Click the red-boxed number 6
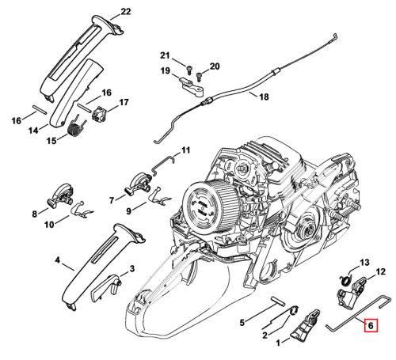point(371,325)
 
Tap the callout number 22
point(126,12)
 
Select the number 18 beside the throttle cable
point(264,97)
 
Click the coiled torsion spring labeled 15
point(78,127)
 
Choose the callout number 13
point(364,263)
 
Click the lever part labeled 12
point(352,294)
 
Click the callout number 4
point(57,260)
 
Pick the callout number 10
point(49,225)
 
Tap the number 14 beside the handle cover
point(33,131)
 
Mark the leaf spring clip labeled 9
point(160,197)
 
